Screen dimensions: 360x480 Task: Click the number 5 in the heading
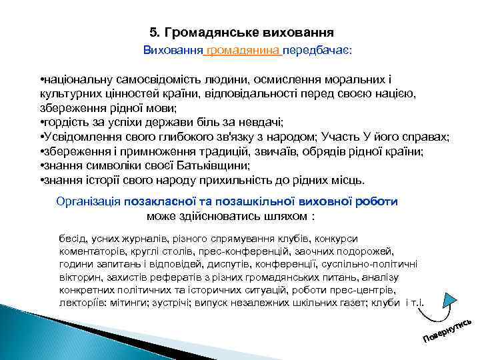pyautogui.click(x=154, y=32)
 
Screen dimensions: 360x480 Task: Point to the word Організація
pyautogui.click(x=89, y=201)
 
